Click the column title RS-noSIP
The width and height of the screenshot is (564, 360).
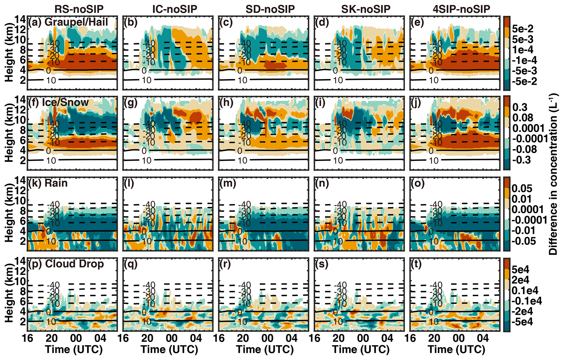79,9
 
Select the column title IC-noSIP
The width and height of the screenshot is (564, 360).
175,9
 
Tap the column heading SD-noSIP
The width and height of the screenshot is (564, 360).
270,9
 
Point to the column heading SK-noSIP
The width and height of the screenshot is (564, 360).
366,9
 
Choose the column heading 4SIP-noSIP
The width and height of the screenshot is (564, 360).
461,9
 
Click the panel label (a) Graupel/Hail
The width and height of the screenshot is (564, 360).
68,22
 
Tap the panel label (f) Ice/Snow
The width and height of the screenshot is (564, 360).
58,103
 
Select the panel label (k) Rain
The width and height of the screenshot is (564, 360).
48,183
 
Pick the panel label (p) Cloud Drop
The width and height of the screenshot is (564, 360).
66,264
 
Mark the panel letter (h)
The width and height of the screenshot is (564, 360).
226,103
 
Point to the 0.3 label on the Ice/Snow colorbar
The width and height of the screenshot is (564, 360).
520,107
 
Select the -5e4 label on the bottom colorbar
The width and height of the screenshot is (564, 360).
522,322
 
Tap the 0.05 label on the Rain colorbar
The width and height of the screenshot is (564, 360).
522,188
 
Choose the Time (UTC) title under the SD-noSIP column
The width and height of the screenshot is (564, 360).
265,349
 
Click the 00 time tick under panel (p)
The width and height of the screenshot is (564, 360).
76,338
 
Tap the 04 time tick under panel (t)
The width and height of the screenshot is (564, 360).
482,338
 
